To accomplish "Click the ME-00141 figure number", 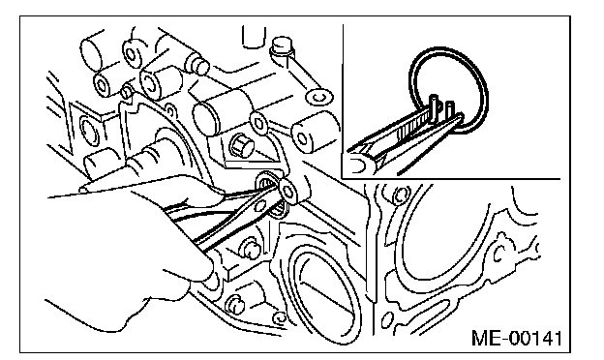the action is [517, 339].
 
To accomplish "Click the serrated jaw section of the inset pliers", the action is [412, 128].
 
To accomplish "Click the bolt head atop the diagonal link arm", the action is [281, 46].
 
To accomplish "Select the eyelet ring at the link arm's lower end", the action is [319, 97].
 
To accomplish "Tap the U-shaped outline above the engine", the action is [254, 37].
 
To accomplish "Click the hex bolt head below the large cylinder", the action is [241, 146].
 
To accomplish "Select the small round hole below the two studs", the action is [279, 317].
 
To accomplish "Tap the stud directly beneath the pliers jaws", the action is [249, 250].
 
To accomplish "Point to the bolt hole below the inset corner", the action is [399, 195].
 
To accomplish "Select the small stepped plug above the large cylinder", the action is [197, 64].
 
